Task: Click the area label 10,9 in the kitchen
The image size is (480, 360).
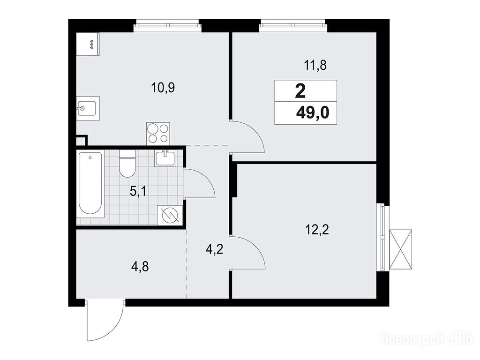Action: (x=163, y=88)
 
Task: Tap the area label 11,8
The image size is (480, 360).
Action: (x=315, y=66)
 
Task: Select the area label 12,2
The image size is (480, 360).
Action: (x=317, y=230)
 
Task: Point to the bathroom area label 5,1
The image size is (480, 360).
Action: (x=138, y=192)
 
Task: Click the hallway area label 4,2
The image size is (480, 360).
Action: (x=215, y=250)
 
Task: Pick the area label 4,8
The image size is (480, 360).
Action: (x=140, y=267)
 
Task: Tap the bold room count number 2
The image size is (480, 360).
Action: (x=300, y=91)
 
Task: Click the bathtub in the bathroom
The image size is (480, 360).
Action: (x=90, y=183)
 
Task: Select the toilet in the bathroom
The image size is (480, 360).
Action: (x=127, y=164)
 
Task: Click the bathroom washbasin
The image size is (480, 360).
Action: (x=165, y=158)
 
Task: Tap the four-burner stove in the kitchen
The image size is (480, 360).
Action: (x=158, y=134)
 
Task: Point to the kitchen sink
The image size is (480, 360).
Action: (x=88, y=108)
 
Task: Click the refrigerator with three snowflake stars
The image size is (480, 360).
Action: (x=88, y=44)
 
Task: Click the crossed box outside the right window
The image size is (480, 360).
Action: (x=401, y=249)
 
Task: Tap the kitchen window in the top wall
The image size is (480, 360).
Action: (x=167, y=26)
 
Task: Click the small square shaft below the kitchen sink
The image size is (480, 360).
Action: (x=82, y=141)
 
